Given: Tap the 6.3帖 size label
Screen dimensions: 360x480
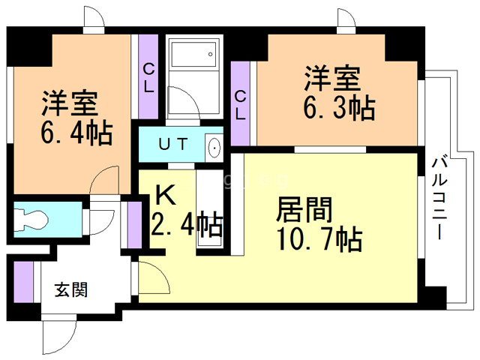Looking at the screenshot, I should [339, 109].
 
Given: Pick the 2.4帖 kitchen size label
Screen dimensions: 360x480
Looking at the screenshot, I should [187, 224].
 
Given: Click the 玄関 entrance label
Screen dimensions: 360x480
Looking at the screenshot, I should [71, 289].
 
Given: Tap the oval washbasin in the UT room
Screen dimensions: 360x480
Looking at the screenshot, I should [214, 147].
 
